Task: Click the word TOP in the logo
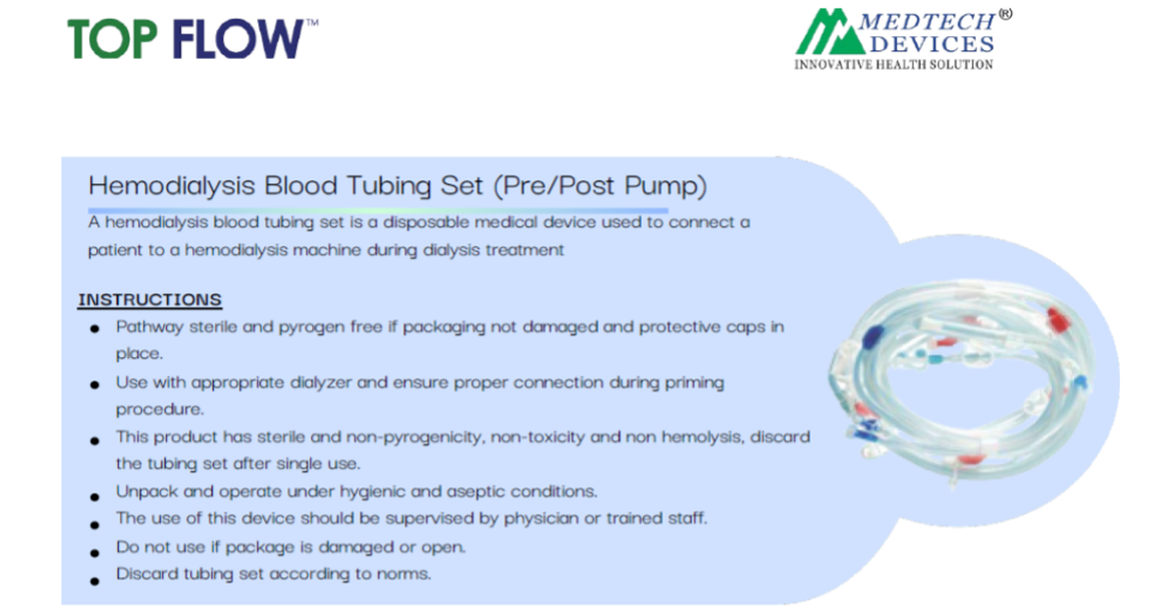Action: click(113, 39)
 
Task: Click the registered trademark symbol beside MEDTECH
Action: click(1005, 14)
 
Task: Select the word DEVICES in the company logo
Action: click(933, 44)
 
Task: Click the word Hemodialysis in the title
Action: click(173, 185)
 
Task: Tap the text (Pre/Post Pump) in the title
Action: click(600, 185)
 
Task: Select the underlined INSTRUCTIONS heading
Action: click(150, 300)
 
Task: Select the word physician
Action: click(541, 518)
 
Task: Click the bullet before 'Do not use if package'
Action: click(94, 552)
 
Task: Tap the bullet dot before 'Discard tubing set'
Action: click(94, 581)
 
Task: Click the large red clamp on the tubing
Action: click(1058, 320)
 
